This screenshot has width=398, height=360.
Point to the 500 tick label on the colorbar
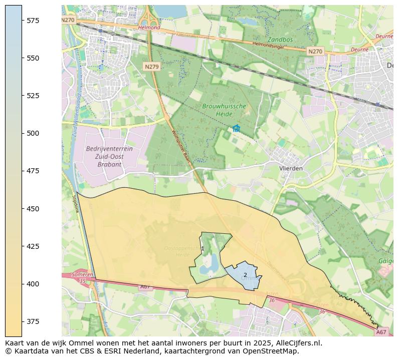[x=33, y=133]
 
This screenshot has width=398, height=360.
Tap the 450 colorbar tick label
[x=33, y=209]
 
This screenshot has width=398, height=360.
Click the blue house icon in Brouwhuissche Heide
[x=236, y=129]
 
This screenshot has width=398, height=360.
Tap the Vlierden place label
[x=291, y=168]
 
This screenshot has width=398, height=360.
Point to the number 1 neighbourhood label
[x=203, y=249]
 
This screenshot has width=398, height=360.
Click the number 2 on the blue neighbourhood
[x=245, y=275]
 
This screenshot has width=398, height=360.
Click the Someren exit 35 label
[x=82, y=278]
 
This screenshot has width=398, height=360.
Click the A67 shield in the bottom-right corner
[x=381, y=332]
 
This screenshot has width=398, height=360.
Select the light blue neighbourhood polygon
[x=241, y=278]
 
